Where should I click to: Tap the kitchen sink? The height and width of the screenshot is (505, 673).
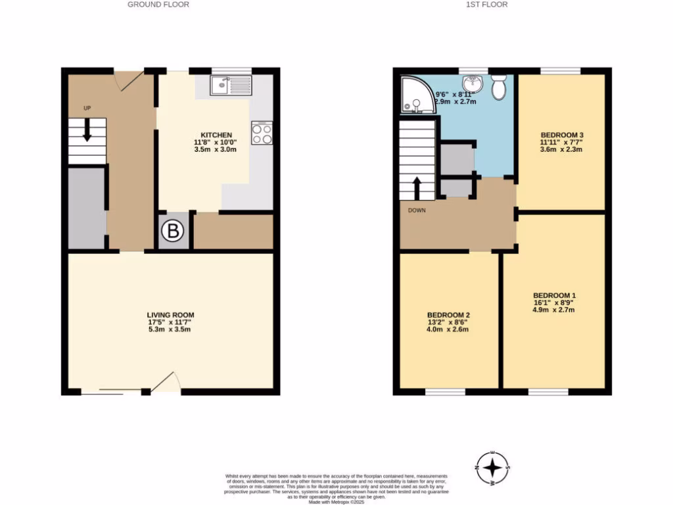pos(230,85)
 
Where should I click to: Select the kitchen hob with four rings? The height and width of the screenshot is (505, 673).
pos(262,133)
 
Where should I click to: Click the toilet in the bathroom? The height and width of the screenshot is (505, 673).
pos(498,87)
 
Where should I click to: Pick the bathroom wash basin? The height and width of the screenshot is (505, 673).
pos(472,84)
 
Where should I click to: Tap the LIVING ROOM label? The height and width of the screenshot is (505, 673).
pos(170,315)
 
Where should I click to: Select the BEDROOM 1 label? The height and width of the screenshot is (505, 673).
pos(554,295)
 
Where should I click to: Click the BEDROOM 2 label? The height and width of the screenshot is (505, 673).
pos(448,315)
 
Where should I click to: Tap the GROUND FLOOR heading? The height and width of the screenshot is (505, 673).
pos(158,5)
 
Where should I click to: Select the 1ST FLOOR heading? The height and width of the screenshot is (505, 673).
pos(487,5)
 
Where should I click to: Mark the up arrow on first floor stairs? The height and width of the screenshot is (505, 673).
pos(417,186)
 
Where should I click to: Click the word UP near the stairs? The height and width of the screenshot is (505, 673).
pos(87,108)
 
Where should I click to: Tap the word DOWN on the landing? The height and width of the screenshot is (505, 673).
pos(417,210)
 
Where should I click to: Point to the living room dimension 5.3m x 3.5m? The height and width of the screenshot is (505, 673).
pos(170,329)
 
